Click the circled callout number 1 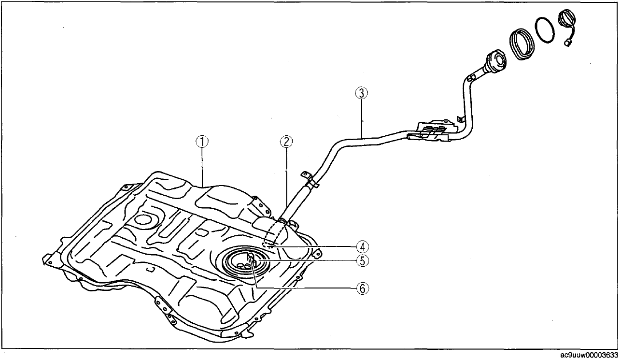(202, 142)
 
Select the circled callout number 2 (286, 142)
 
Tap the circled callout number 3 (362, 93)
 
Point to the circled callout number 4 (363, 246)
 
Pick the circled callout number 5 (363, 261)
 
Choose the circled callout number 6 (363, 288)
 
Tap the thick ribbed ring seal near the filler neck (521, 43)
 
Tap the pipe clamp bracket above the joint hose (309, 179)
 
